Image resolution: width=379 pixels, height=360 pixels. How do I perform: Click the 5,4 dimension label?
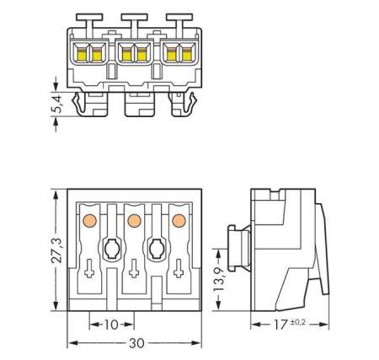pyautogui.click(x=45, y=105)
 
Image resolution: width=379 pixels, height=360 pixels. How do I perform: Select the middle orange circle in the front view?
pyautogui.click(x=131, y=221)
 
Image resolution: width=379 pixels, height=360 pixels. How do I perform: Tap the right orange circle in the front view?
pyautogui.click(x=178, y=221)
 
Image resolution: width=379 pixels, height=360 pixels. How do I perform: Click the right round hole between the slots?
pyautogui.click(x=155, y=249)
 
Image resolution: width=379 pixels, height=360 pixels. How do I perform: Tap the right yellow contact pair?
pyautogui.click(x=177, y=56)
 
